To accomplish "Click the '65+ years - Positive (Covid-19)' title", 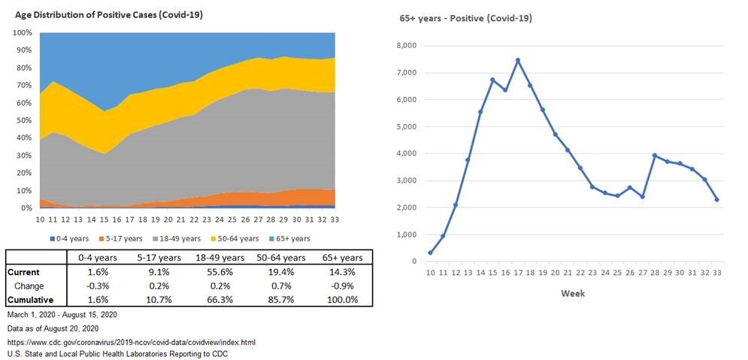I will click(x=465, y=18).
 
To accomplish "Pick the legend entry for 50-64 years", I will click(x=239, y=238).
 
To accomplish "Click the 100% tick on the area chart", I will click(x=23, y=33).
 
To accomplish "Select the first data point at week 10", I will click(x=430, y=253).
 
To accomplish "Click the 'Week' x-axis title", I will click(x=573, y=293).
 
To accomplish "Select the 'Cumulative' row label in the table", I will click(x=29, y=299).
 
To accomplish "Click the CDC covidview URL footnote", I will click(x=130, y=342).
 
